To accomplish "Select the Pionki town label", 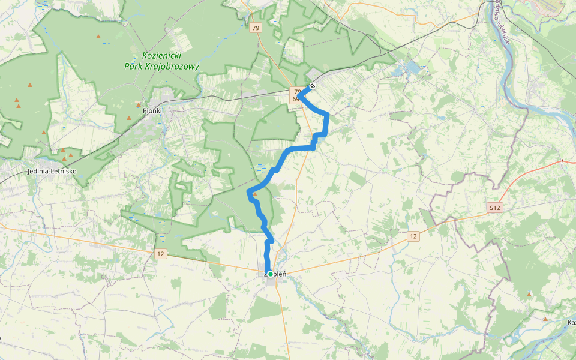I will pos(152,111).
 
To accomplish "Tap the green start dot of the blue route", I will pos(271,274).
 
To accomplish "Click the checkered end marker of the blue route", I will pos(313,86).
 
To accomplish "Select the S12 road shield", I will pos(494,208).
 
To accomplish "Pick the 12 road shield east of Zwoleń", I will pos(413,236).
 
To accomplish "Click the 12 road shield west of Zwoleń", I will pos(160,254).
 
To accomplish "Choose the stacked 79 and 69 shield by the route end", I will pos(296,95).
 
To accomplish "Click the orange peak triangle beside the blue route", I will pos(255,194).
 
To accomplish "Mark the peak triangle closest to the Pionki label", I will pos(139,104).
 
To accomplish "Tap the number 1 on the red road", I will pos(562,162).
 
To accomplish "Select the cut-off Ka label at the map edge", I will pos(571,323).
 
